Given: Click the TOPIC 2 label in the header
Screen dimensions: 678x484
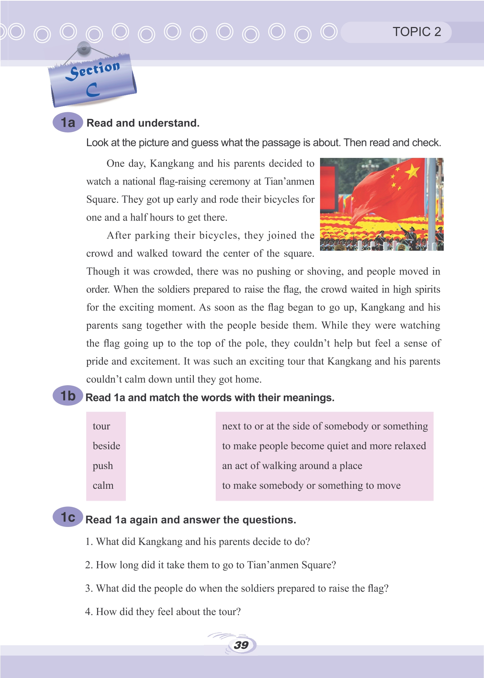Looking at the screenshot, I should click(416, 32).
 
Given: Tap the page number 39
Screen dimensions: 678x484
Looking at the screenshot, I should click(241, 645).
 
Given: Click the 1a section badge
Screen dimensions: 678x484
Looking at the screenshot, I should click(68, 123).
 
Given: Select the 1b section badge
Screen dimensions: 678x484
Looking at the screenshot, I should click(68, 396).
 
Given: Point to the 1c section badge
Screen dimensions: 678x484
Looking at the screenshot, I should click(68, 517).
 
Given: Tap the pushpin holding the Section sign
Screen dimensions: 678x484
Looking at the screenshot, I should click(84, 48).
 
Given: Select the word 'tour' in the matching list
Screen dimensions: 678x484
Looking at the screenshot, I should click(101, 426).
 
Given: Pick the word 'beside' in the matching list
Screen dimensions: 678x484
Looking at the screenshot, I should click(106, 446).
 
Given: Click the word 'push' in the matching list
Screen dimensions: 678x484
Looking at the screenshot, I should click(103, 466).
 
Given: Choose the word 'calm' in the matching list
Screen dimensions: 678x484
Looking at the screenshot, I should click(103, 486).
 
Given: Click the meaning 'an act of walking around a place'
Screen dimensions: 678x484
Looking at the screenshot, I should click(292, 466).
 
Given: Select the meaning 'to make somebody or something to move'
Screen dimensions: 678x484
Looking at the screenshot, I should click(311, 486).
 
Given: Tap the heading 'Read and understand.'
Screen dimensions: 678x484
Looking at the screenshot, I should click(143, 123).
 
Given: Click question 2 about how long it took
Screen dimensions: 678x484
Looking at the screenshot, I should click(210, 565).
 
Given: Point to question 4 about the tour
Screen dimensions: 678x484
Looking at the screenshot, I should click(163, 611).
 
